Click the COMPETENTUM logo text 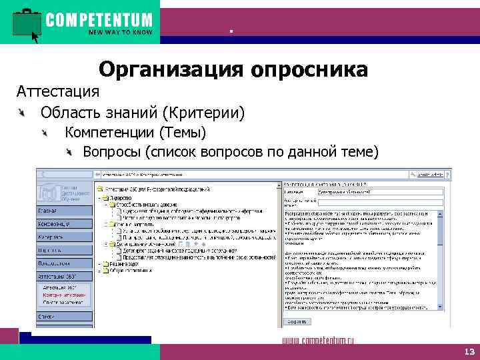pos(99,19)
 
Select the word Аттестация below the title pos(58,90)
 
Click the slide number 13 pos(467,351)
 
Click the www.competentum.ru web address pos(319,341)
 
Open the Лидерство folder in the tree pos(119,197)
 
